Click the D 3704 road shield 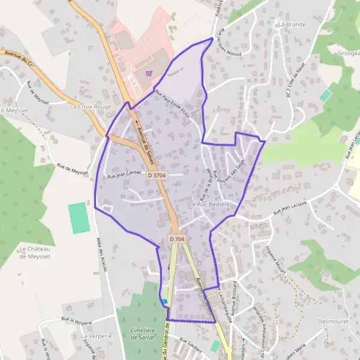[156, 175]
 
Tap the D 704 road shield [177, 239]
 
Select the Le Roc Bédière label [210, 205]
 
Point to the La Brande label [292, 25]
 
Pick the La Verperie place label [97, 336]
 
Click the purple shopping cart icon [149, 73]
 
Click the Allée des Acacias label [101, 255]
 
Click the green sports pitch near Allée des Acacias [77, 218]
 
